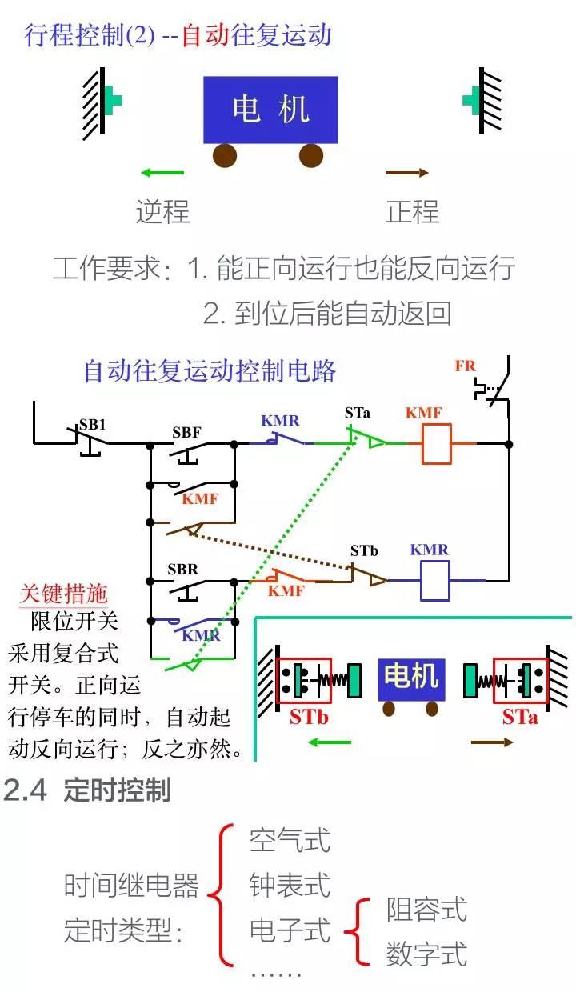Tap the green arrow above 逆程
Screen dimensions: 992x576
(162, 172)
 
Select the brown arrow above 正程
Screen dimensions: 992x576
(407, 173)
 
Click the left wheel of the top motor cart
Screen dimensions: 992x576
(225, 154)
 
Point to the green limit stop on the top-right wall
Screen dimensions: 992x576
(470, 100)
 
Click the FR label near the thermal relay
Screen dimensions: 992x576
(465, 366)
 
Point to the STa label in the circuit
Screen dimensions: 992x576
(358, 414)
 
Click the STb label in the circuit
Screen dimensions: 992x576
(364, 550)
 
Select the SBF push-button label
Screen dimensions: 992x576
(186, 432)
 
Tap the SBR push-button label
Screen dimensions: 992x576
(182, 570)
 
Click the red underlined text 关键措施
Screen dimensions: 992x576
(63, 594)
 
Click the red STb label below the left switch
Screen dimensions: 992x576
(309, 717)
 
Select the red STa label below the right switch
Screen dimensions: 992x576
(519, 717)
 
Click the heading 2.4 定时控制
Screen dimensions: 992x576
(87, 790)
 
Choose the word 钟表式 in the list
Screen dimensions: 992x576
(290, 886)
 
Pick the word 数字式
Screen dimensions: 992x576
(426, 954)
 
